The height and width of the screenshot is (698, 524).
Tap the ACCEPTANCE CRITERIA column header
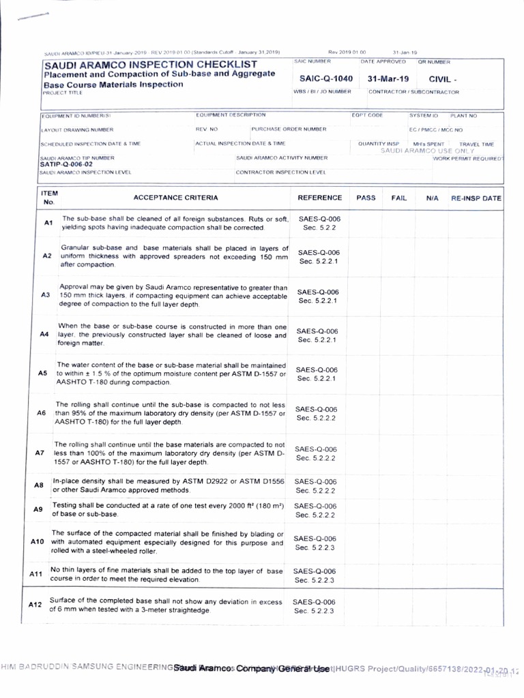coord(176,198)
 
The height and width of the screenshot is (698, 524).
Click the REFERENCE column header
coord(320,198)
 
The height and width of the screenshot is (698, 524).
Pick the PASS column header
coord(366,198)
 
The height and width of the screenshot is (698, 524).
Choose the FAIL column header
coord(398,198)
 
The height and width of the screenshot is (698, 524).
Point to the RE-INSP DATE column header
coord(476,198)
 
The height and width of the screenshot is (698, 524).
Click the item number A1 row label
coord(48,223)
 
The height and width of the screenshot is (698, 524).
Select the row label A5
coord(42,374)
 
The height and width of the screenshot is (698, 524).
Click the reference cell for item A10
coord(315,543)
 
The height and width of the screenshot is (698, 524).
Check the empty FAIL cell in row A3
coord(398,296)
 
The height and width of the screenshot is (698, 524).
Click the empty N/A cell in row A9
coord(431,510)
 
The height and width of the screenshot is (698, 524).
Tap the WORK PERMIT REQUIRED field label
coord(469,158)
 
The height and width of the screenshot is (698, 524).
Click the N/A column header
coord(431,198)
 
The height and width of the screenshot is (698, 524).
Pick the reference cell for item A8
coord(315,485)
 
